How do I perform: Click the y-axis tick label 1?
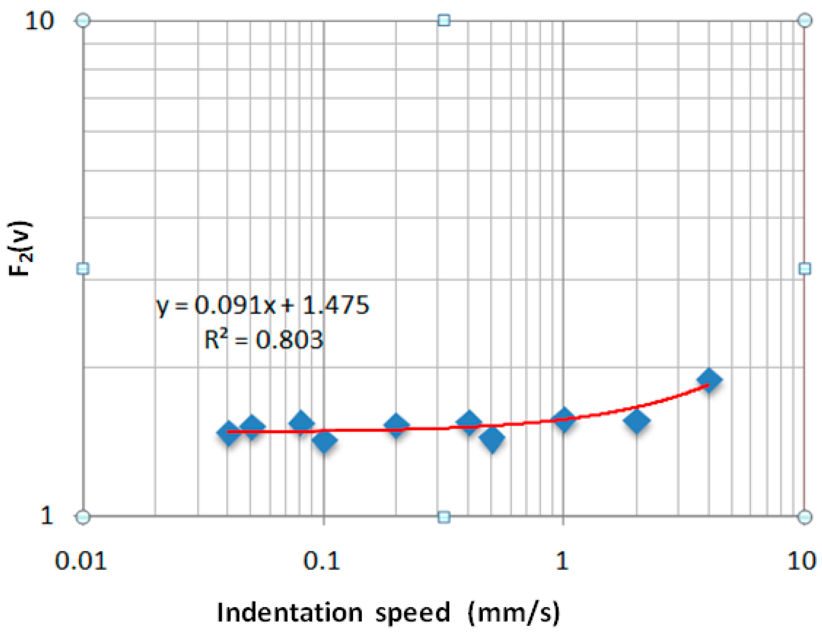tap(47, 515)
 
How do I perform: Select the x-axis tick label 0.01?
tap(81, 561)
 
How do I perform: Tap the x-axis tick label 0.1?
tap(322, 561)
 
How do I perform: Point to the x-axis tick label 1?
tap(561, 561)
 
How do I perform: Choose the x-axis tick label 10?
tap(802, 561)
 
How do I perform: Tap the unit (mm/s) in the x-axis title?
tap(514, 612)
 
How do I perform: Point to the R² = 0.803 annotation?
tap(263, 340)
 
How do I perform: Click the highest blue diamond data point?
tap(709, 380)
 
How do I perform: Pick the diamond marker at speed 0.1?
tap(324, 440)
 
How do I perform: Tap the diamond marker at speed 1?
tap(564, 419)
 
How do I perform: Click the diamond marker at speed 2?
tap(637, 421)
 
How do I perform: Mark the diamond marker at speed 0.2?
tap(396, 425)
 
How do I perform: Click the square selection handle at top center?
tap(444, 20)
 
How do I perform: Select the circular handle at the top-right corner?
tap(805, 20)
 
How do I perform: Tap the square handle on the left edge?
tap(83, 269)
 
